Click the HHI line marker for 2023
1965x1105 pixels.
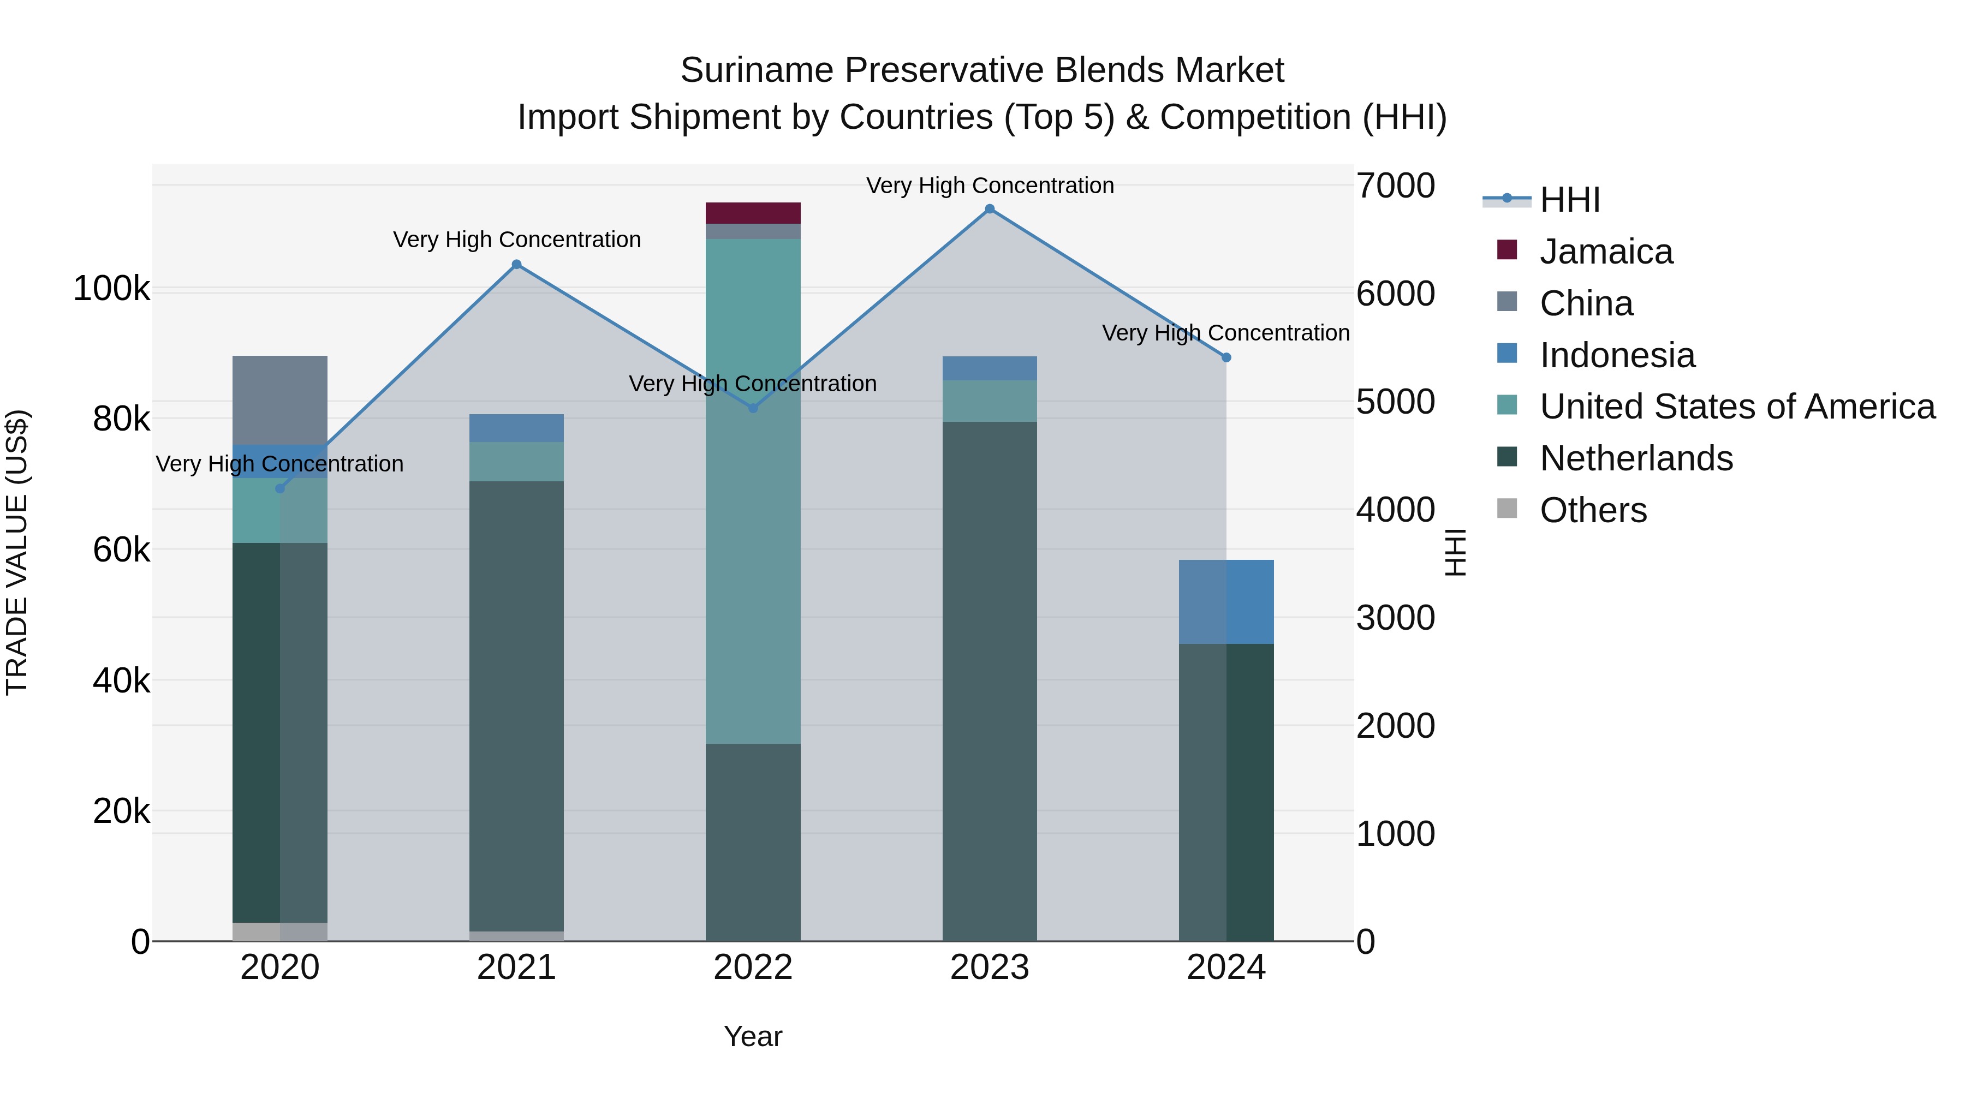point(990,209)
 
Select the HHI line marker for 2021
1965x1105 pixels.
point(516,265)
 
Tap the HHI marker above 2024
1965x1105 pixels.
point(1226,357)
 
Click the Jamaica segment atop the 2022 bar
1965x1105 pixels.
point(753,213)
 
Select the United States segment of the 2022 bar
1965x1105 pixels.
point(753,488)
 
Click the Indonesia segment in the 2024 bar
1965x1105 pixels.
point(1226,602)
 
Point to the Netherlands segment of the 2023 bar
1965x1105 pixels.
point(990,679)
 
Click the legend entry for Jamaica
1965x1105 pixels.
point(1606,252)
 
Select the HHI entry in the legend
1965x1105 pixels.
point(1569,200)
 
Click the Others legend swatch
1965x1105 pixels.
point(1507,509)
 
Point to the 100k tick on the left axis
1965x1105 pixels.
point(111,289)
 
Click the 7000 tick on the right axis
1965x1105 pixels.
point(1395,186)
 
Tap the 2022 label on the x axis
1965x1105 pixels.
point(753,967)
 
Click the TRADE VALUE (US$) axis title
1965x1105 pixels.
point(17,552)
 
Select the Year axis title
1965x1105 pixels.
point(753,1036)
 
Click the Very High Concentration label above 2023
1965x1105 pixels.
point(990,186)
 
